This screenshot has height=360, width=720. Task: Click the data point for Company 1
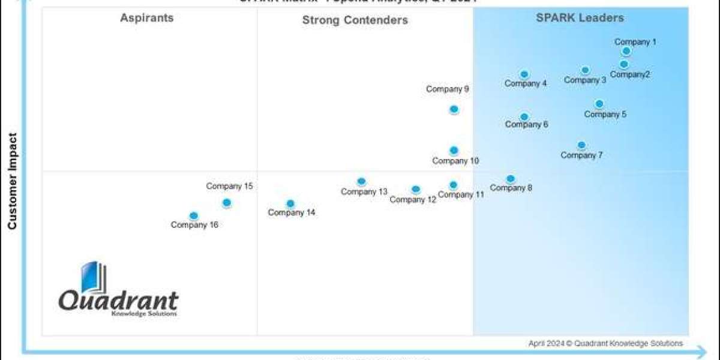(626, 52)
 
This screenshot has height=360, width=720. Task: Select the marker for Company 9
(454, 109)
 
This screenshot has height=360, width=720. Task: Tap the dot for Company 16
(193, 216)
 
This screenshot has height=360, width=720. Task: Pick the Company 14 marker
(290, 204)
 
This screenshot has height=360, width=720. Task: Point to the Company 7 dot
(581, 145)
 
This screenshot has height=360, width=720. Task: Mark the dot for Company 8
(510, 179)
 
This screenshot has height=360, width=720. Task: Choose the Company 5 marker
(599, 104)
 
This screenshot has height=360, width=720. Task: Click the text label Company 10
(455, 161)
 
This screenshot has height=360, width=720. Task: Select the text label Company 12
(413, 200)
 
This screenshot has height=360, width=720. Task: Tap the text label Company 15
(229, 186)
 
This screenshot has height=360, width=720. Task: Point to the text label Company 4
(526, 84)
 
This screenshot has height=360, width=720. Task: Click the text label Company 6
(526, 125)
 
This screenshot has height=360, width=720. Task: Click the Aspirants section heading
(147, 18)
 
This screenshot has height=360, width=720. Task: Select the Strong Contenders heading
(355, 20)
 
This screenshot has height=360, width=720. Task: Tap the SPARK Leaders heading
(580, 18)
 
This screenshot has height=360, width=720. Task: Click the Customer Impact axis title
(11, 181)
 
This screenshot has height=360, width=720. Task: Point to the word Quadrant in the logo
(118, 299)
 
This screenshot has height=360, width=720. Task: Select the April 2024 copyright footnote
(605, 344)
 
